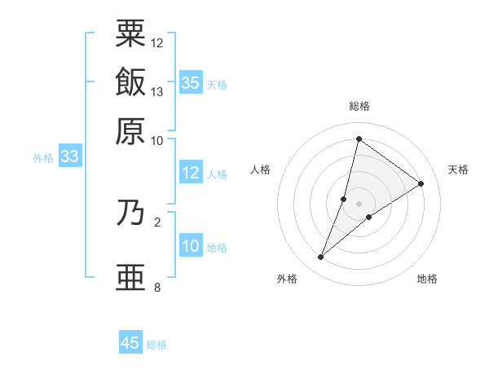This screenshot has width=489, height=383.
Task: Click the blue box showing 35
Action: [x=191, y=82]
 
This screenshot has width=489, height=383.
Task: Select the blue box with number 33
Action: [x=68, y=156]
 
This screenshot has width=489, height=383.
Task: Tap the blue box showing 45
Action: [x=130, y=343]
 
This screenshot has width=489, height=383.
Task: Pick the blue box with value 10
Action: [x=191, y=246]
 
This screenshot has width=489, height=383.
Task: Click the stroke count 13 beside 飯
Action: [x=157, y=91]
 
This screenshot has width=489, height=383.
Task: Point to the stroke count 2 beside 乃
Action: [x=156, y=221]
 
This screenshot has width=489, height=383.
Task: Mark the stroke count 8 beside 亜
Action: [x=156, y=287]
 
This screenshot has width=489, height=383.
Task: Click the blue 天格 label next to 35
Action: [x=217, y=84]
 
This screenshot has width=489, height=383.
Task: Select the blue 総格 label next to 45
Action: [x=156, y=345]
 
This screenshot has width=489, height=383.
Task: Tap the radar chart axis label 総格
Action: [x=359, y=106]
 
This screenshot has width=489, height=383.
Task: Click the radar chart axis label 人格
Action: [x=261, y=169]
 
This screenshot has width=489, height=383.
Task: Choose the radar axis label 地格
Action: [x=427, y=280]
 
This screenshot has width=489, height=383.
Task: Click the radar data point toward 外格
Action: [x=321, y=258]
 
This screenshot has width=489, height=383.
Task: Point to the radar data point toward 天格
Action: [x=421, y=183]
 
